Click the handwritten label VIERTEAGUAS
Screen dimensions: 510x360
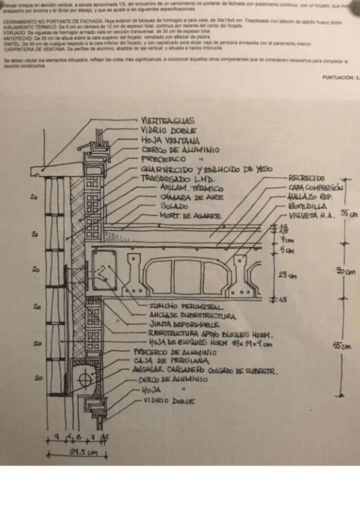167,121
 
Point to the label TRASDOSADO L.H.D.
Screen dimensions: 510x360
178,179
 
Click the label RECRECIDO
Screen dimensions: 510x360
307,178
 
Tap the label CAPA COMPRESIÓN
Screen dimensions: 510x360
315,188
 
